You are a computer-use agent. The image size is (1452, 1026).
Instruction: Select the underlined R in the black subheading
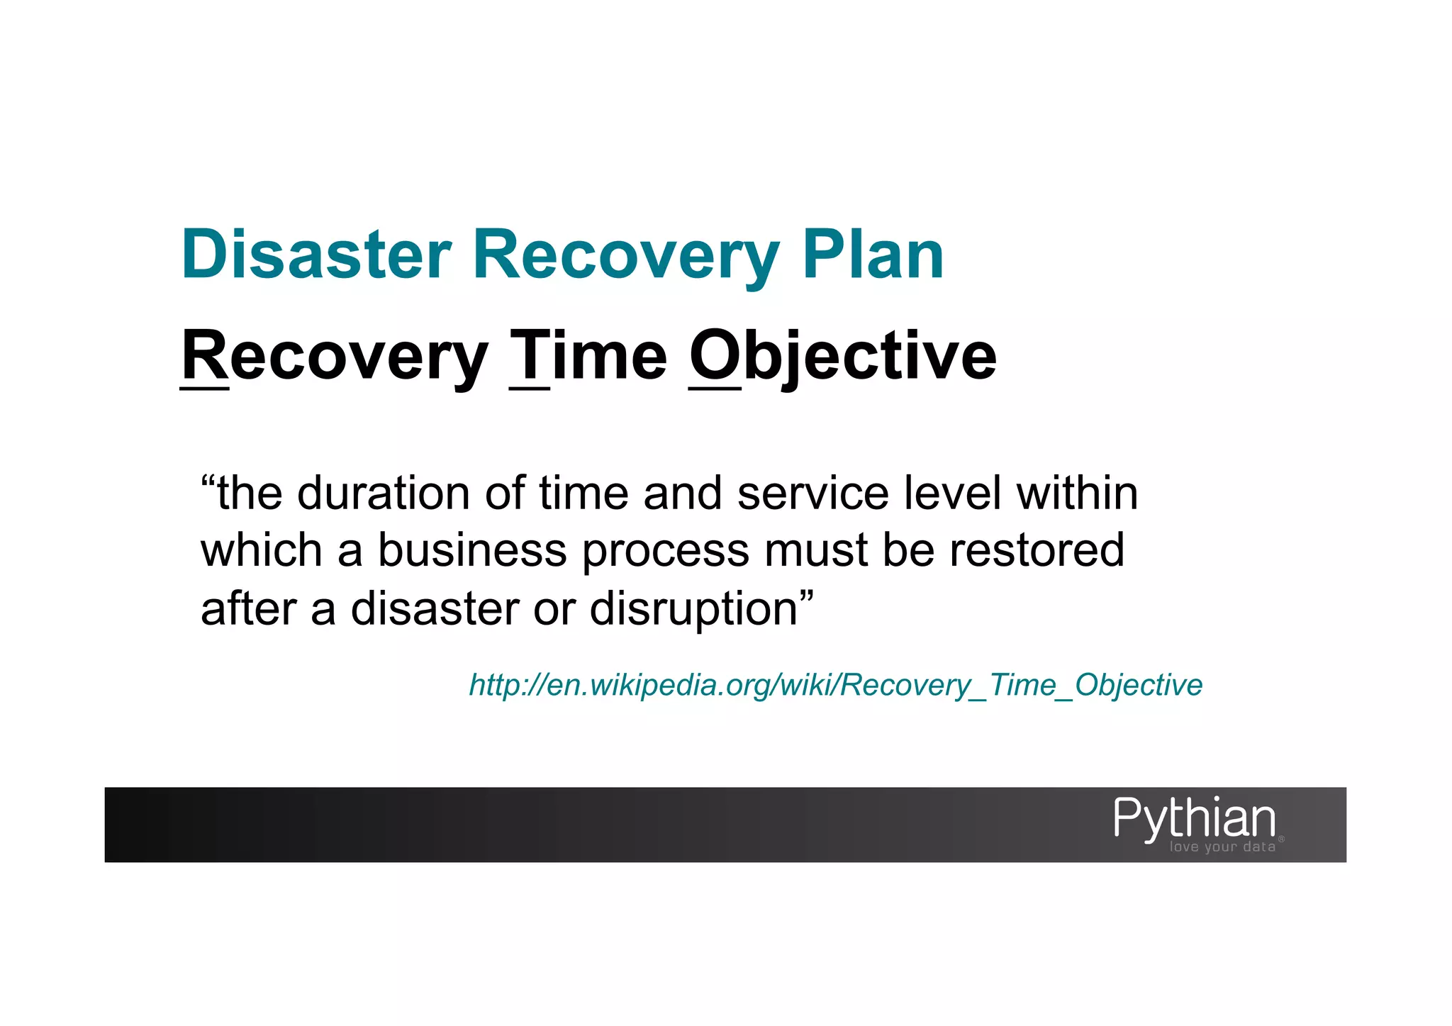click(x=204, y=356)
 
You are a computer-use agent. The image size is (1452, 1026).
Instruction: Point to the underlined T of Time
click(x=530, y=356)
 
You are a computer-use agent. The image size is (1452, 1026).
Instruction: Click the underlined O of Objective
click(x=715, y=356)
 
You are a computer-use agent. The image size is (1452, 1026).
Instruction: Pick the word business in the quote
click(x=472, y=550)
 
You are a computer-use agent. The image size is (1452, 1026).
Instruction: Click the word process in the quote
click(x=665, y=552)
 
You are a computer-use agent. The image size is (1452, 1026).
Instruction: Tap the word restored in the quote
click(x=1037, y=550)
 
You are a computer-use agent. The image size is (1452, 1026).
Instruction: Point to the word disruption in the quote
click(x=694, y=608)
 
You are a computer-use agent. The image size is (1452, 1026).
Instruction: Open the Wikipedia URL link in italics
click(x=835, y=685)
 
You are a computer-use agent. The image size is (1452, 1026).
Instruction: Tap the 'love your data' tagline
click(x=1222, y=847)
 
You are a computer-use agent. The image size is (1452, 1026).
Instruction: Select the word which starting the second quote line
click(x=262, y=550)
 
